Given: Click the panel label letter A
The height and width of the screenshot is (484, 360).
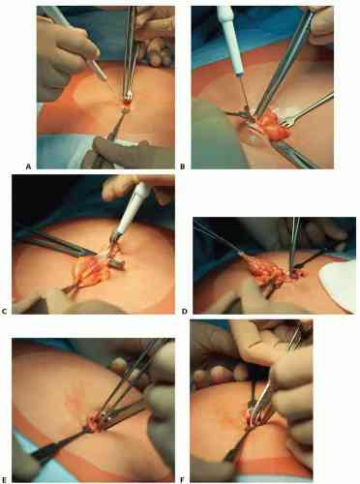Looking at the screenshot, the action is coord(28,166).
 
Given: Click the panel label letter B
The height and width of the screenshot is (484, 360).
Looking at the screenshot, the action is coord(183,166).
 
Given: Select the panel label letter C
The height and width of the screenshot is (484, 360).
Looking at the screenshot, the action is coord(4,312).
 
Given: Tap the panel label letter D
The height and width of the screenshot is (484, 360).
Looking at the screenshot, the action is coord(185,312).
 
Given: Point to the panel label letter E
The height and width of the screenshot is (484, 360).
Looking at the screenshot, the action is coord(4,480).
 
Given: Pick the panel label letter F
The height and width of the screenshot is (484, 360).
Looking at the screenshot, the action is coord(183,480).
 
